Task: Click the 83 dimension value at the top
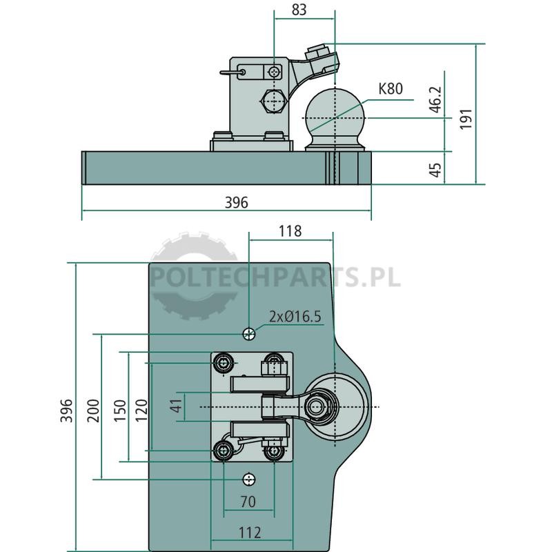click(x=299, y=10)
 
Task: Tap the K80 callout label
click(x=391, y=89)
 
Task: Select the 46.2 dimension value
click(x=436, y=99)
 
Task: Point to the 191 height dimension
click(x=466, y=119)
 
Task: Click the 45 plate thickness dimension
click(x=436, y=170)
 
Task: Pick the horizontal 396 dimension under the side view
click(x=236, y=202)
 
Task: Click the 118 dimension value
click(x=290, y=231)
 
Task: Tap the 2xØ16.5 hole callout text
click(x=295, y=317)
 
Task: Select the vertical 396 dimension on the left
click(x=66, y=410)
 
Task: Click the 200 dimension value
click(x=93, y=411)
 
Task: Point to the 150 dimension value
click(x=119, y=411)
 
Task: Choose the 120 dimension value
click(x=141, y=410)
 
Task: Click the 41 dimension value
click(x=176, y=406)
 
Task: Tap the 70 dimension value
click(x=248, y=502)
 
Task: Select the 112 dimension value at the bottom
click(x=250, y=533)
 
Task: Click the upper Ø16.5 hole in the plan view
click(x=249, y=334)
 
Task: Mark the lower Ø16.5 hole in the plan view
click(x=249, y=479)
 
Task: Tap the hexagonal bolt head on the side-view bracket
click(x=273, y=101)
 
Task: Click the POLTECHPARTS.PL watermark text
click(x=275, y=277)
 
